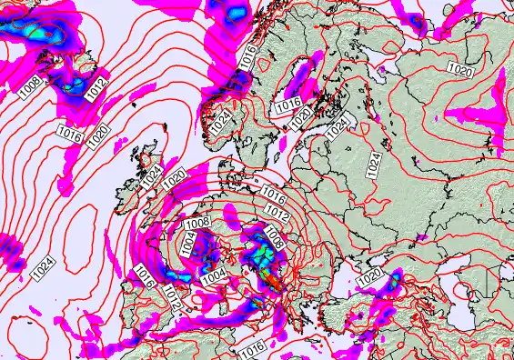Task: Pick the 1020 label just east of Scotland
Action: tap(175, 179)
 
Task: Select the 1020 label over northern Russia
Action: tap(460, 69)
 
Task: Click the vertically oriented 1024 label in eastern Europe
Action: tap(373, 164)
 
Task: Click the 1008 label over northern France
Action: tap(197, 223)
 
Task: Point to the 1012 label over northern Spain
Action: tap(173, 295)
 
